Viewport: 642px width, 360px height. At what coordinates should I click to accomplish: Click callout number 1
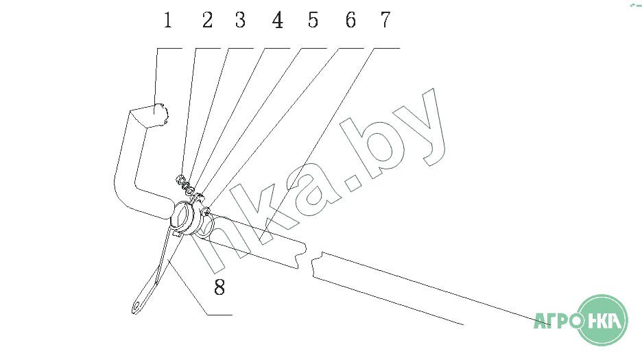point(167,21)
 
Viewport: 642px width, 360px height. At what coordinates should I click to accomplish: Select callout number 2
point(206,21)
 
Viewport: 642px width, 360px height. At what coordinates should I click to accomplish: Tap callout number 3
point(240,21)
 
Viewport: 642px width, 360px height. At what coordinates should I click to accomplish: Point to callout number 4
point(277,21)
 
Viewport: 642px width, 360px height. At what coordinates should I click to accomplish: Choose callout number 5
point(313,21)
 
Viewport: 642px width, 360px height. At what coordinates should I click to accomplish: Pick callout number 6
point(350,21)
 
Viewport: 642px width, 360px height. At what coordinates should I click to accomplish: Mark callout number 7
point(385,21)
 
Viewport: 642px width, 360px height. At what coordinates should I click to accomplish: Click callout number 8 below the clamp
point(219,287)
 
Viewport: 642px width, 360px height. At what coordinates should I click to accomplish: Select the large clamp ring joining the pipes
point(185,217)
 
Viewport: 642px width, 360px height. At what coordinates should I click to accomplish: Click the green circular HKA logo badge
point(602,320)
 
